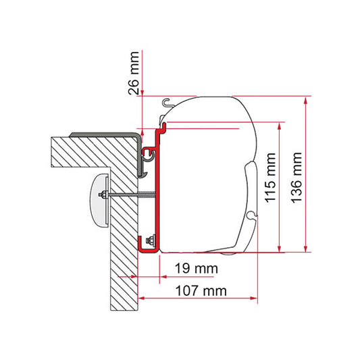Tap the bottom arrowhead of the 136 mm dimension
point(307,248)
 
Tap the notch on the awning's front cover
point(252,215)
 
